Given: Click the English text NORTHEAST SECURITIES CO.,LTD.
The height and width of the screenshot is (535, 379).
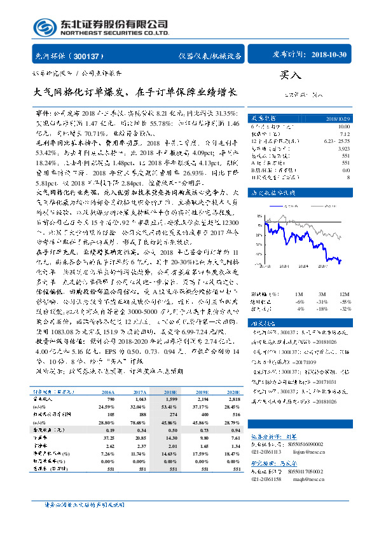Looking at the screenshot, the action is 114,32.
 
